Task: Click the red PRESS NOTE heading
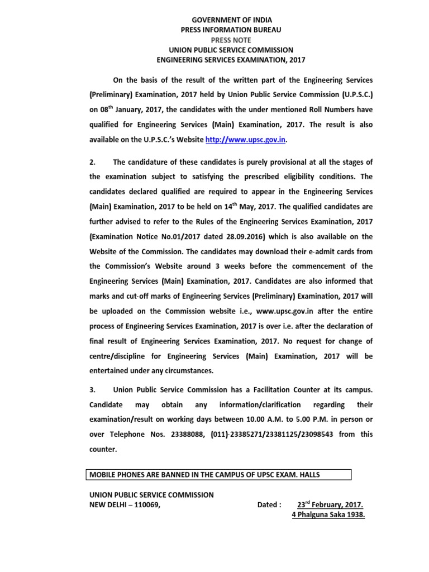point(231,40)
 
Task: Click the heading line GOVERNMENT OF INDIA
point(231,20)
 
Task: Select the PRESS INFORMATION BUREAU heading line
point(231,30)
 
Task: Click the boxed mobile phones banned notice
point(218,475)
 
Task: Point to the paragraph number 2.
point(92,162)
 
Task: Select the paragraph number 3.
point(92,390)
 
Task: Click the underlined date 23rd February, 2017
point(330,505)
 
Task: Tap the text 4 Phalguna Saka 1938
point(328,515)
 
